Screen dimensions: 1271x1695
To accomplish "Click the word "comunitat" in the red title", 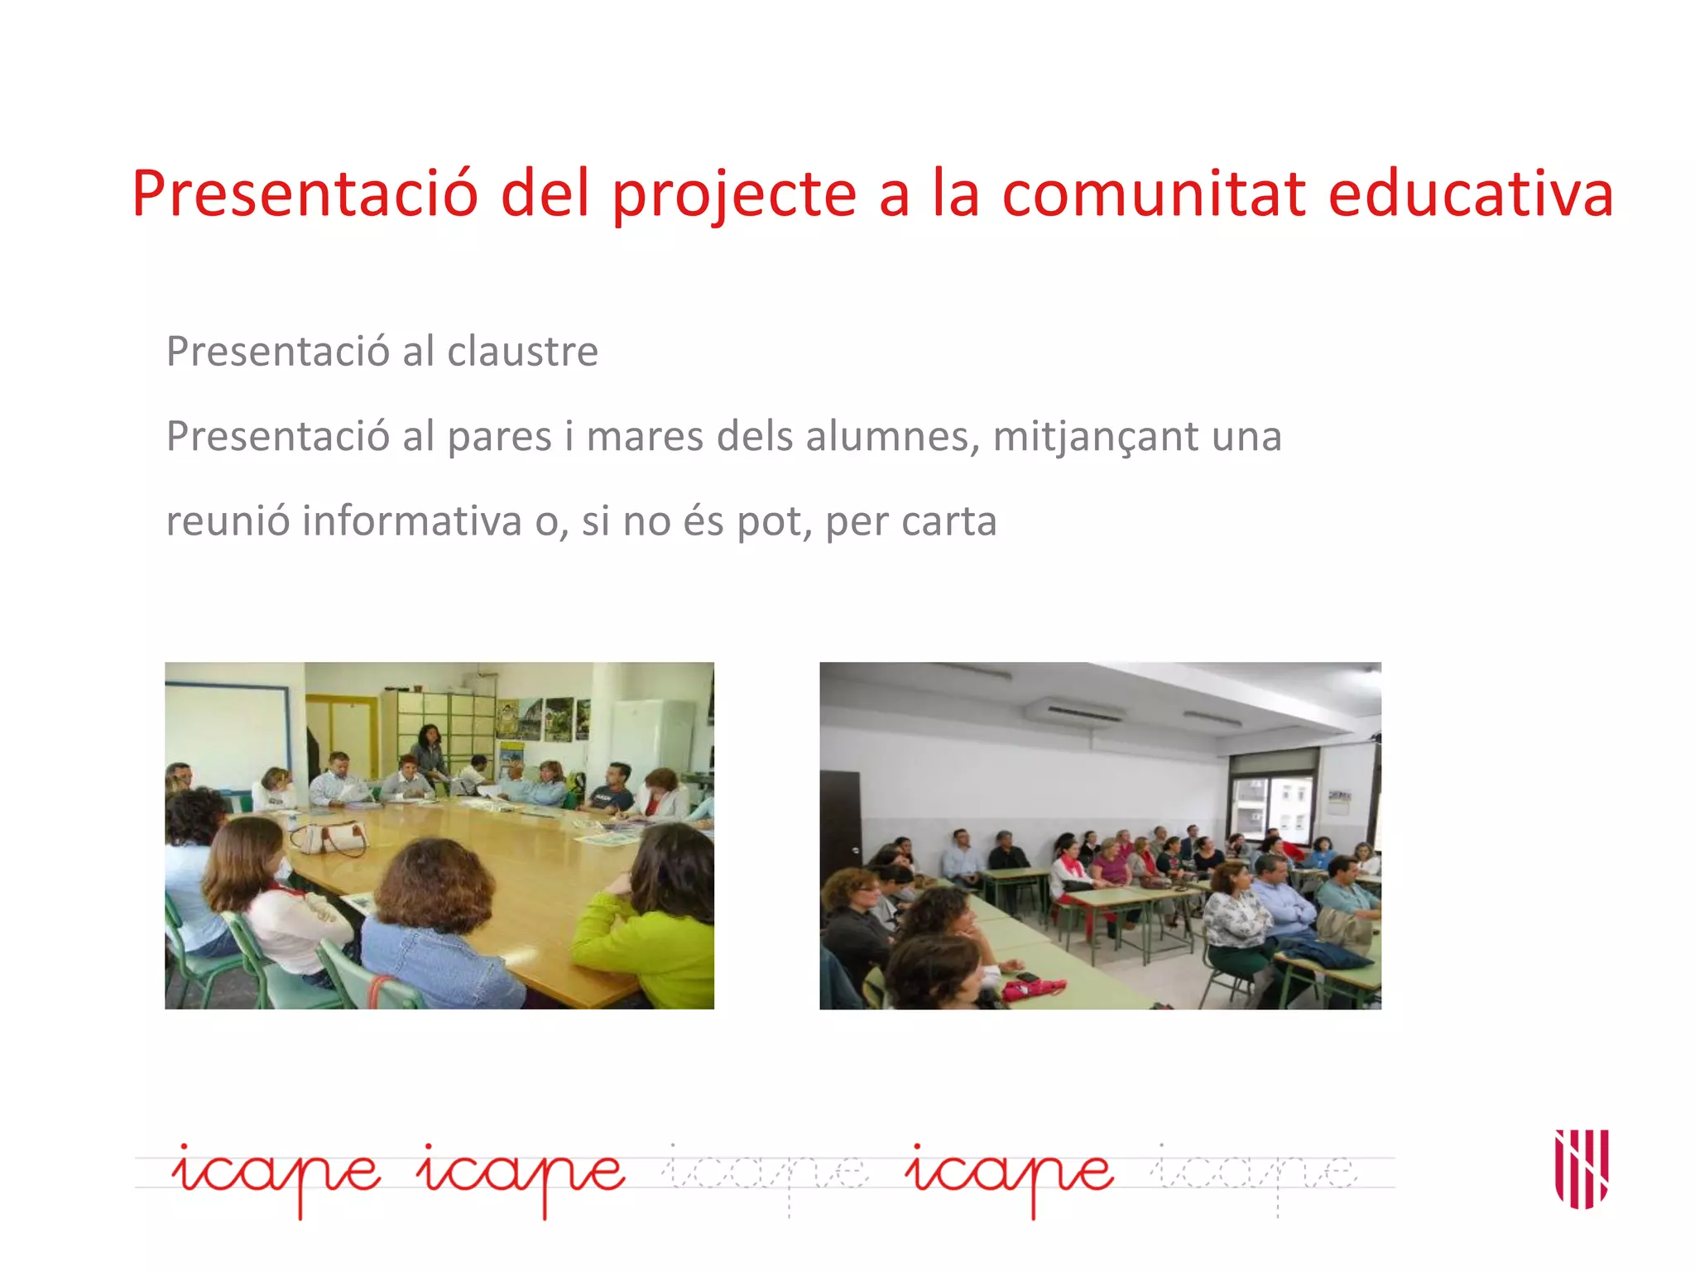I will click(1154, 194).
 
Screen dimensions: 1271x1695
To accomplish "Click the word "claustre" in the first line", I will click(522, 352).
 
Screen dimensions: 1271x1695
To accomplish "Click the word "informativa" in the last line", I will click(411, 521).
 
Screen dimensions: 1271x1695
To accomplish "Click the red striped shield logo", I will click(1582, 1168).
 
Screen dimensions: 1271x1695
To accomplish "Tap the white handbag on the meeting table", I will click(329, 838).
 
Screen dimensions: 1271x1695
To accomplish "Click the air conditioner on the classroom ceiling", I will click(1073, 711).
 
